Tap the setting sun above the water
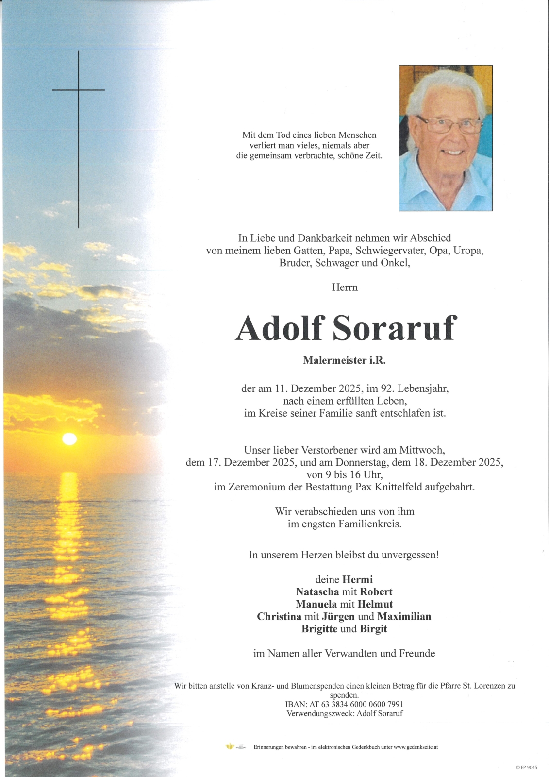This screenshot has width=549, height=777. tap(69, 439)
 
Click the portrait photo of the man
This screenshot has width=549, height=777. tap(446, 138)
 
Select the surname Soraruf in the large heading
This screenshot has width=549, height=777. tap(394, 328)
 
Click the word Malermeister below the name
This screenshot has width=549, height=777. tap(332, 360)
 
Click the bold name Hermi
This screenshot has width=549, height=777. tap(358, 579)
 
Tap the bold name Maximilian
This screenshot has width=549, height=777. tap(404, 617)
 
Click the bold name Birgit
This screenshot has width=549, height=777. tap(373, 629)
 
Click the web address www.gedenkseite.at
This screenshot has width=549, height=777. tap(416, 747)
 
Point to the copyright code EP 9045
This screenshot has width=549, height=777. tap(528, 767)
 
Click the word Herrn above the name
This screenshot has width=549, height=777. tap(345, 287)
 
